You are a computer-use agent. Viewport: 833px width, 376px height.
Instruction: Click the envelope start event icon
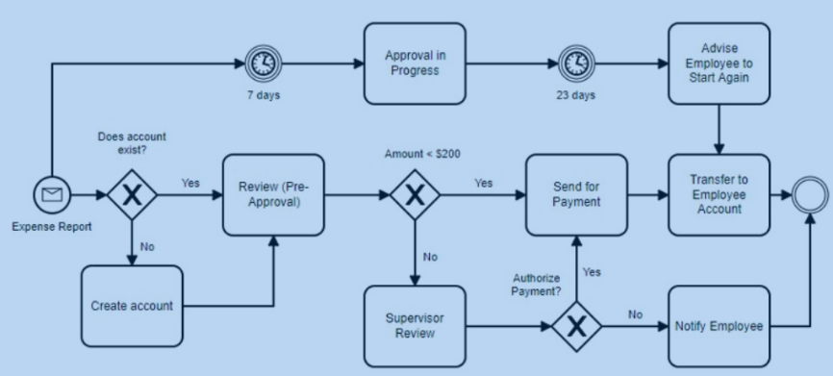[x=52, y=195]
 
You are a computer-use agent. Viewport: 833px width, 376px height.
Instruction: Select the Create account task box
[x=132, y=306]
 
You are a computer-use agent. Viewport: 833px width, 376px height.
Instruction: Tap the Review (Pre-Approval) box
[x=273, y=195]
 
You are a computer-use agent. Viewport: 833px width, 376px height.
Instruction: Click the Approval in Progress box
[x=415, y=63]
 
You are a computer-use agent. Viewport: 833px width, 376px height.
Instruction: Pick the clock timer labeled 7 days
[x=263, y=63]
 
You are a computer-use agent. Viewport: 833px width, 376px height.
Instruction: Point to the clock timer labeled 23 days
[x=577, y=63]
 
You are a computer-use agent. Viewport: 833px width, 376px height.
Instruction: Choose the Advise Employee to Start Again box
[x=719, y=63]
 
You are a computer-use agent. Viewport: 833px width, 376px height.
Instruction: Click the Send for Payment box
[x=577, y=195]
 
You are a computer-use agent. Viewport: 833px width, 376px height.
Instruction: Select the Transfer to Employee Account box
[x=719, y=195]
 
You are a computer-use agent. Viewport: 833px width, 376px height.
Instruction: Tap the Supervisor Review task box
[x=415, y=326]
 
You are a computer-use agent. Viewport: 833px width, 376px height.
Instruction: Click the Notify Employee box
[x=719, y=326]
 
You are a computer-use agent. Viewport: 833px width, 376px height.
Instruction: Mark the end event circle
[x=810, y=195]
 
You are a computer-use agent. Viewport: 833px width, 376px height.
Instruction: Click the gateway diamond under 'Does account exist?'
[x=132, y=195]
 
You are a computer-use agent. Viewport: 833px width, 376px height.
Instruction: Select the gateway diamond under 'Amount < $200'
[x=415, y=195]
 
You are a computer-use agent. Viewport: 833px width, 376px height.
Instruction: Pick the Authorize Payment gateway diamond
[x=577, y=326]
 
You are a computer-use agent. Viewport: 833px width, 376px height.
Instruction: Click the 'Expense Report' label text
[x=52, y=227]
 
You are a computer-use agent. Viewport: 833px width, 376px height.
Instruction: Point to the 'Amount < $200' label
[x=423, y=154]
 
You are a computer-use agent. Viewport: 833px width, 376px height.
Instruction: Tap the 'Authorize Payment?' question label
[x=537, y=285]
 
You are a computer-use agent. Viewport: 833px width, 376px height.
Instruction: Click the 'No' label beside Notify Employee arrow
[x=636, y=314]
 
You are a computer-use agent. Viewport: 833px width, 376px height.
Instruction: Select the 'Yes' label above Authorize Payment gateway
[x=592, y=272]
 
